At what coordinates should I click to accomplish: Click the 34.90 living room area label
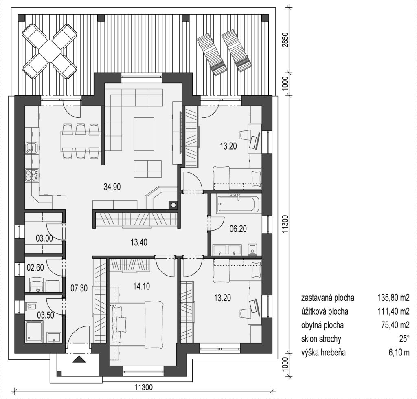coord(112,187)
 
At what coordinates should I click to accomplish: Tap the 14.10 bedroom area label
coord(141,287)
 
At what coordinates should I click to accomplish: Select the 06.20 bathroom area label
coord(238,229)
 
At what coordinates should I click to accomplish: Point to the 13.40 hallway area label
coord(139,242)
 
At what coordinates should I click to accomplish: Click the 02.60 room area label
coord(35,267)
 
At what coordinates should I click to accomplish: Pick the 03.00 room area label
coord(44,238)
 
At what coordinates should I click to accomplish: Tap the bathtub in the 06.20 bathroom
coord(238,204)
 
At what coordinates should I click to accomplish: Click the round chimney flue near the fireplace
coord(173,205)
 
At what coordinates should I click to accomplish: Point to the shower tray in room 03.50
coord(34,331)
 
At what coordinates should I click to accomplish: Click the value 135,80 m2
coord(393,298)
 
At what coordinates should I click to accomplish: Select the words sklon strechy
coord(321,339)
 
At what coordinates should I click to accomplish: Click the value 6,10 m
coord(399,353)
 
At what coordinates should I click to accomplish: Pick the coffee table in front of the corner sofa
coord(144,134)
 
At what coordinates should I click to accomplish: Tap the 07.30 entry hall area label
coord(79,288)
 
